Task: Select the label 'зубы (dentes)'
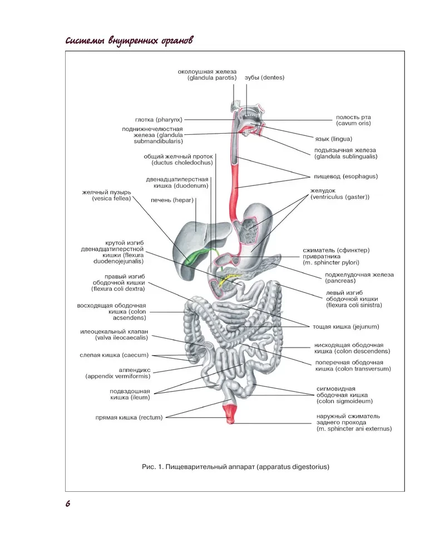(264, 78)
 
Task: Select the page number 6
(68, 504)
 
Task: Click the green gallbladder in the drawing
(192, 257)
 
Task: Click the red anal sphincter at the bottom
(230, 414)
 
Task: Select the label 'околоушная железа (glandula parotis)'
(207, 75)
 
